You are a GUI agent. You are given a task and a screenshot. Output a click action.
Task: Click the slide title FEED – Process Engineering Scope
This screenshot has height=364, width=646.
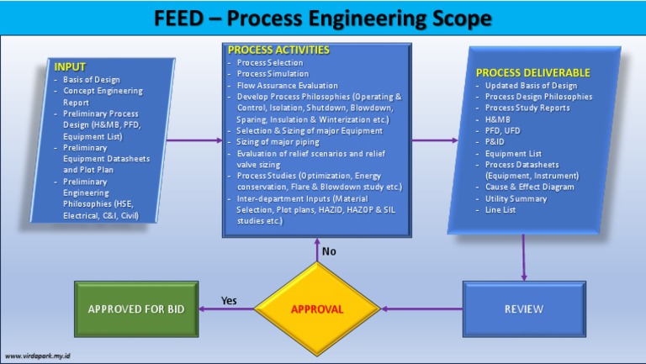point(323,18)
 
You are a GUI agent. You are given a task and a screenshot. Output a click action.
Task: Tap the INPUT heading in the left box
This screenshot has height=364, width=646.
point(70,66)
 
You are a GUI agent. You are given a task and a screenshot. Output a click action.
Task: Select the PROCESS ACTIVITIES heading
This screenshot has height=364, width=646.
point(278,50)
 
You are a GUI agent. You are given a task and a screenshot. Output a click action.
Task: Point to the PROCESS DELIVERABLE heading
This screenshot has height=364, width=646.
point(532,73)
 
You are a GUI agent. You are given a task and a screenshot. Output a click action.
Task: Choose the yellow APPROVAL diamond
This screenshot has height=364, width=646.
point(317,309)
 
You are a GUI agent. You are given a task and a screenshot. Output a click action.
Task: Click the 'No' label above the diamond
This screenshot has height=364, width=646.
point(331,251)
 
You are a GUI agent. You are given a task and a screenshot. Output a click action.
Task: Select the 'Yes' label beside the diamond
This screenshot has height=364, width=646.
point(228,300)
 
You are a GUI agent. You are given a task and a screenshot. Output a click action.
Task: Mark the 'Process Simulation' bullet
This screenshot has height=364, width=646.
point(273,74)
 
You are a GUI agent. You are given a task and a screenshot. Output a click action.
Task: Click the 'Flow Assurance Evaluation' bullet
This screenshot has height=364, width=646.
point(287,85)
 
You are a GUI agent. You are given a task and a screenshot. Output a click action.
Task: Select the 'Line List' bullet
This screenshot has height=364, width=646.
point(503,209)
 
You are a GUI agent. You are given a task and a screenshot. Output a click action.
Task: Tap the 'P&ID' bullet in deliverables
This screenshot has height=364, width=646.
point(497,141)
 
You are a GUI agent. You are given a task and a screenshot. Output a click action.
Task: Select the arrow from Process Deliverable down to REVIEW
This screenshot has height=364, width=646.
point(524,256)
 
